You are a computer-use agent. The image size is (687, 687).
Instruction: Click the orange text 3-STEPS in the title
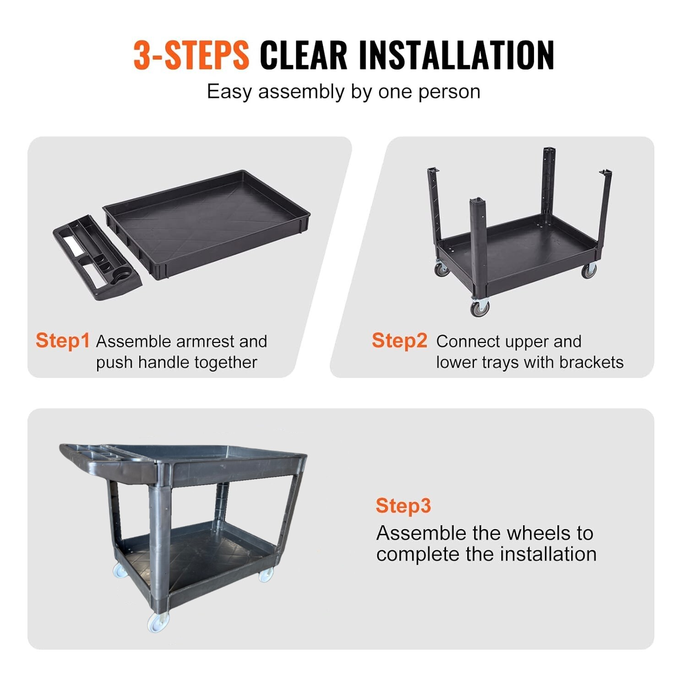click(191, 55)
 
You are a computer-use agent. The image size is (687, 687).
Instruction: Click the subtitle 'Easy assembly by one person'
click(343, 92)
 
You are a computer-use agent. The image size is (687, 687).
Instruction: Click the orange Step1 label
click(63, 341)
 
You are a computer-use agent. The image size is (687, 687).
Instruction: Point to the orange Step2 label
click(399, 341)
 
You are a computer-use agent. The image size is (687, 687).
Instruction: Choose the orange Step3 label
click(403, 506)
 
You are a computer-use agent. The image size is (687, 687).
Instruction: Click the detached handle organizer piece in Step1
click(97, 257)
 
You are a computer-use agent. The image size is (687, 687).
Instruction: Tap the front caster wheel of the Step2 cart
click(480, 307)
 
